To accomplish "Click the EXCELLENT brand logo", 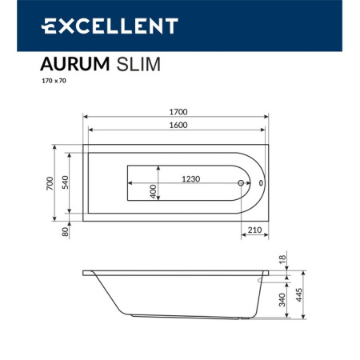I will tap(109, 26).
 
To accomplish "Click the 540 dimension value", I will tap(66, 182).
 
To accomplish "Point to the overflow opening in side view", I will tap(263, 280).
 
